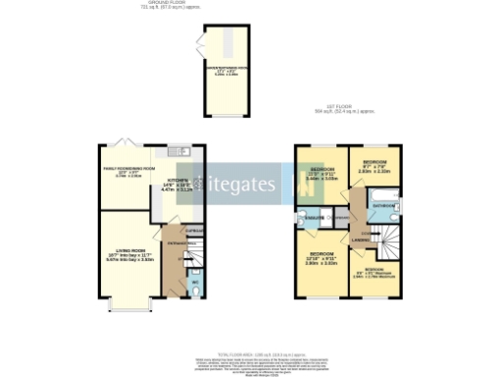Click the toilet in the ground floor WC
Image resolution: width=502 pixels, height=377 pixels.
coord(194,291)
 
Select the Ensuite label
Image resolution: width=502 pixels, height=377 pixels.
coord(314,217)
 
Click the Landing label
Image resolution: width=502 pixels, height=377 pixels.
coord(359,239)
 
